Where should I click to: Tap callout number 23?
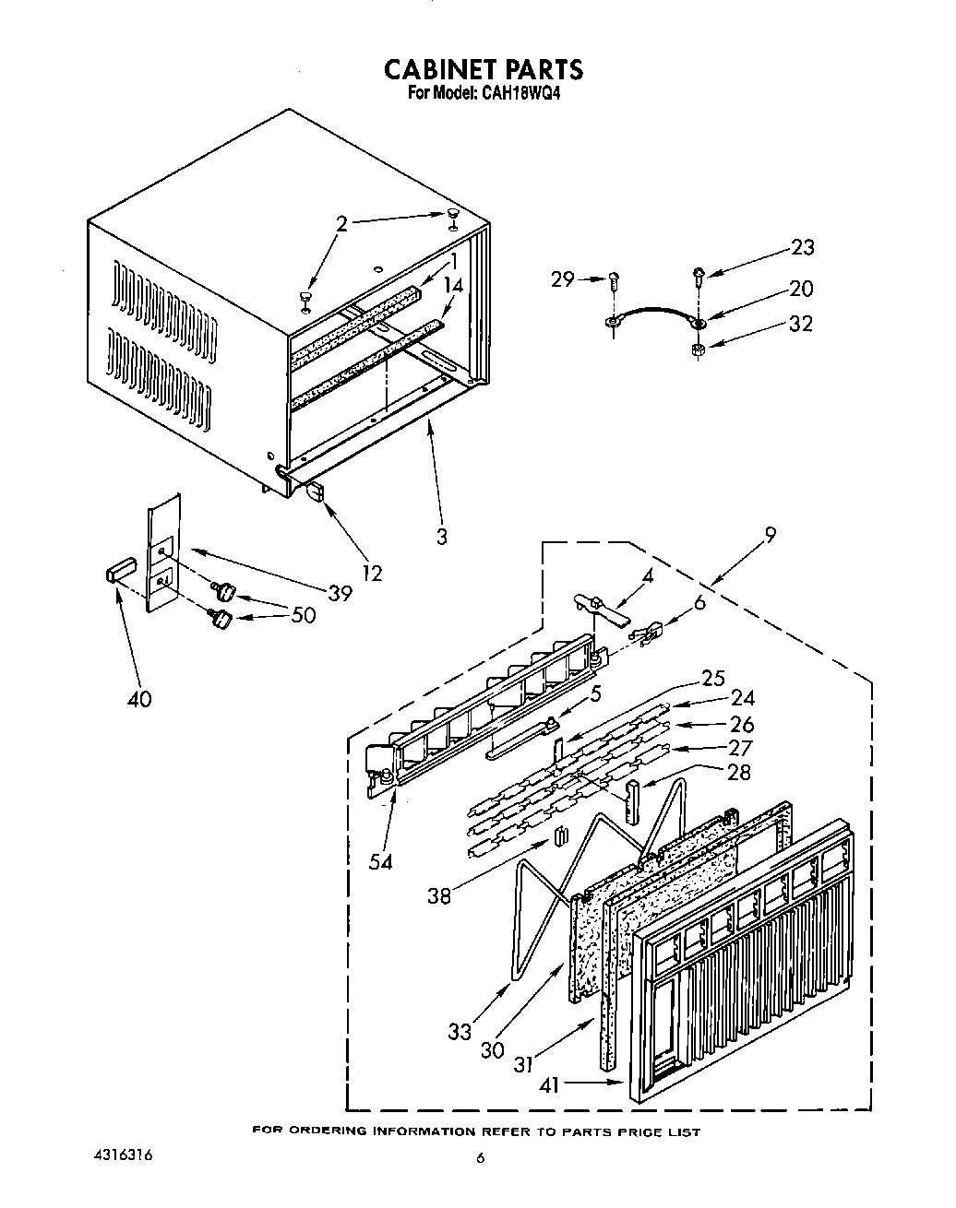[802, 247]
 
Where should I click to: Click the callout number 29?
[564, 278]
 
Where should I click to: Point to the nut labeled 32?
[699, 350]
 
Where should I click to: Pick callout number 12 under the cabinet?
[371, 574]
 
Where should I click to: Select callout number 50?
[302, 615]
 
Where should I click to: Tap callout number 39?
[340, 593]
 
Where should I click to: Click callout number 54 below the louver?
[380, 861]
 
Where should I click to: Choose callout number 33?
[460, 1033]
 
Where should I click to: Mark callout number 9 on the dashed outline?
[771, 533]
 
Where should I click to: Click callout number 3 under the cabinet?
[441, 536]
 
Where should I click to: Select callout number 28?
[738, 773]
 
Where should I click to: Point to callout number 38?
[439, 894]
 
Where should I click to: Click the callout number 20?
[801, 289]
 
